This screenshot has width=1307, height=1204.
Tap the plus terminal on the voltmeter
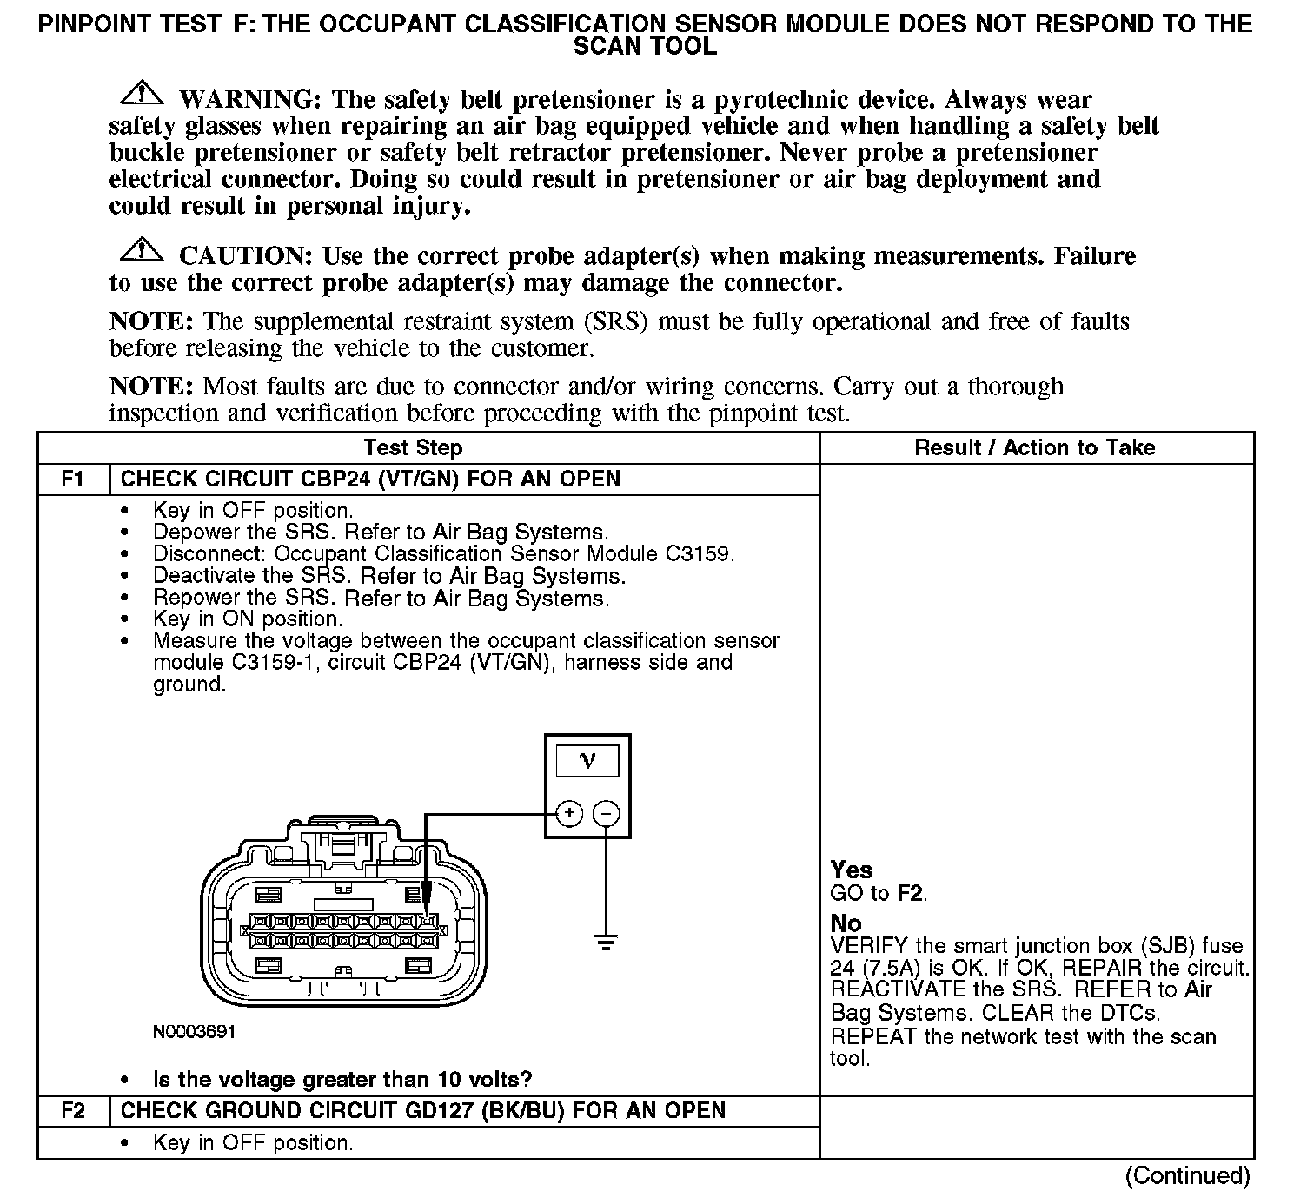coord(568,814)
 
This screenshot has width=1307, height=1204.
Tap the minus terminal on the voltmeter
coord(607,814)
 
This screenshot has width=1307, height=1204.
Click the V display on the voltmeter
coord(587,761)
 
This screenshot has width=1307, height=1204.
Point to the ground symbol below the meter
coord(607,941)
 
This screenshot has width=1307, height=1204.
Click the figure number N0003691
coord(194,1033)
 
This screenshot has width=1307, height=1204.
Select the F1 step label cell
coord(74,480)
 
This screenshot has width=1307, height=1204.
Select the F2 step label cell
coord(74,1111)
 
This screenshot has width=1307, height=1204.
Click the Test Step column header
coord(413,448)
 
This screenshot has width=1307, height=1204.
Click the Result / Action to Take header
coord(1035,448)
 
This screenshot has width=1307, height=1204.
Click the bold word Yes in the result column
coord(852,870)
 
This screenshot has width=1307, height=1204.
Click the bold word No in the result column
coord(846,923)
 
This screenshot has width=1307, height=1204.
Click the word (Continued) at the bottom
coord(1187,1176)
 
